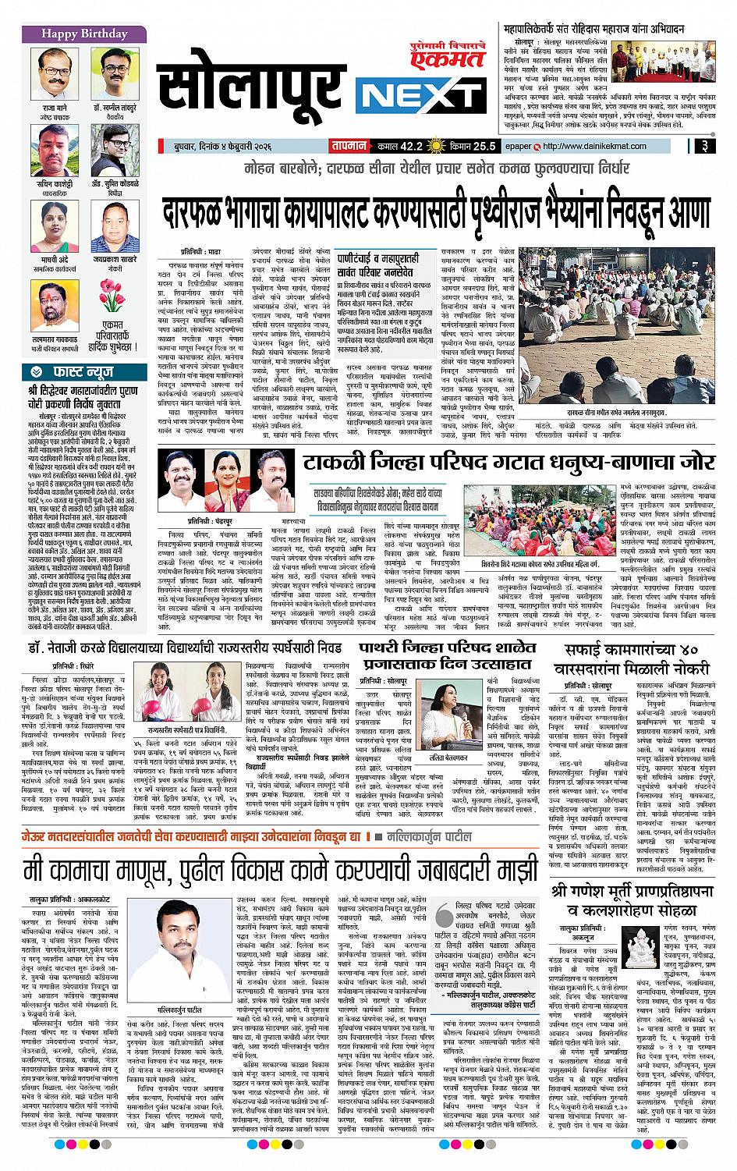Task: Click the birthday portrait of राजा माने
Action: point(51,73)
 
